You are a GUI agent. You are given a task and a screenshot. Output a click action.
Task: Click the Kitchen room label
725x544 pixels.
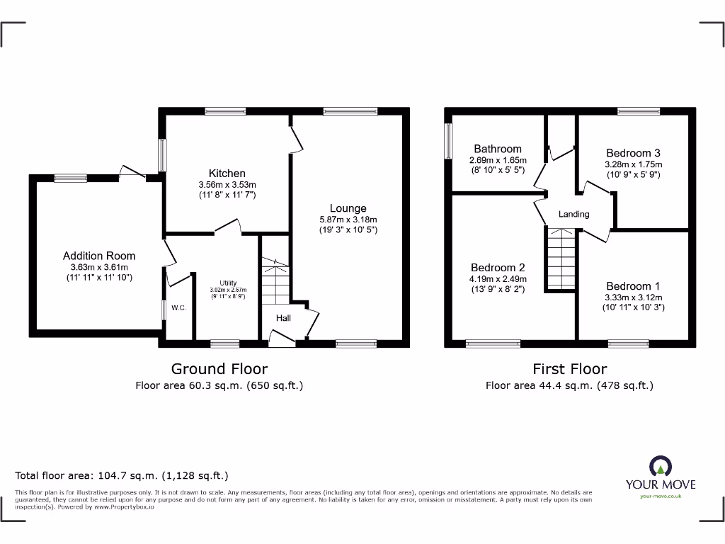tap(227, 174)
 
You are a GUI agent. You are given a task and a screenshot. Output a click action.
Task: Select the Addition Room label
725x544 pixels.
tap(99, 256)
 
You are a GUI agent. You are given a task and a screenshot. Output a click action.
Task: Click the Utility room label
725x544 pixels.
tap(227, 283)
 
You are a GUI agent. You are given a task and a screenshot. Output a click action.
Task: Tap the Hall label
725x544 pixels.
tap(283, 318)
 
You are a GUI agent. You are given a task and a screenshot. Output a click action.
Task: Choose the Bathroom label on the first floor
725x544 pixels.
tap(497, 149)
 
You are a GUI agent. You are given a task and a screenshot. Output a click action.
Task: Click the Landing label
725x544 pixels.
tap(573, 214)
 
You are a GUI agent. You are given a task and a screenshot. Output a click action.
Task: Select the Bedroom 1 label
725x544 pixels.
tap(632, 286)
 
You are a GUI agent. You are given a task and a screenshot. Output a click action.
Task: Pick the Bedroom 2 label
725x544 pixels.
tap(498, 268)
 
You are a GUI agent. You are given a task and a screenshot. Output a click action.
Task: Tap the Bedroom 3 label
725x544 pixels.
tap(633, 153)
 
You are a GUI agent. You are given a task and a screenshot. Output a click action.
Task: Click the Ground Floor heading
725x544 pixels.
tap(219, 368)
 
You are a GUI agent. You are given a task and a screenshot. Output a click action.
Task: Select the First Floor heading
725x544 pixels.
tap(569, 368)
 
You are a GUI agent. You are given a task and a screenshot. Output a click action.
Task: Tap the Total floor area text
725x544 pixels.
tap(122, 476)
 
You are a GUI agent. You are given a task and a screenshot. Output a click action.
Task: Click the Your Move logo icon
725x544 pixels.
tap(660, 465)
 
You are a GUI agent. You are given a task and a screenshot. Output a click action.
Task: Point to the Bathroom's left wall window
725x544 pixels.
tap(448, 142)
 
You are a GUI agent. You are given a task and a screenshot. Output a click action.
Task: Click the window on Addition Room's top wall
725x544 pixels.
tap(70, 178)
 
